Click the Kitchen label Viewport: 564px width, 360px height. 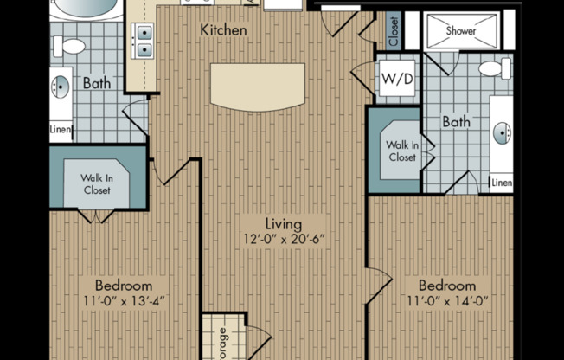click(x=223, y=30)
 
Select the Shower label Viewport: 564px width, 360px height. click(x=461, y=30)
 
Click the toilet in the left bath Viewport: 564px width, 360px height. click(x=73, y=47)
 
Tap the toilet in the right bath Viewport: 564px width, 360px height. click(x=494, y=68)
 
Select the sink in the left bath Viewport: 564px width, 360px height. click(x=61, y=87)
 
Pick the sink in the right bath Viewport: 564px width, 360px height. click(x=502, y=132)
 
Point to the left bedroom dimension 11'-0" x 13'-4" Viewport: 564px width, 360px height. click(x=123, y=301)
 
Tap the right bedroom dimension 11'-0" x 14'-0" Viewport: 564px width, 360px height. click(x=446, y=301)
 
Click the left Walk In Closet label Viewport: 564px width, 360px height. click(x=97, y=184)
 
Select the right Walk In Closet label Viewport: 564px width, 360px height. click(x=401, y=151)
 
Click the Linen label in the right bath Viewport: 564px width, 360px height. click(x=502, y=183)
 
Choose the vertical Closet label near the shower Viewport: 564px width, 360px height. click(x=394, y=32)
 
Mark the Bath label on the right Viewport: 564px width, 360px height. click(x=456, y=122)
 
